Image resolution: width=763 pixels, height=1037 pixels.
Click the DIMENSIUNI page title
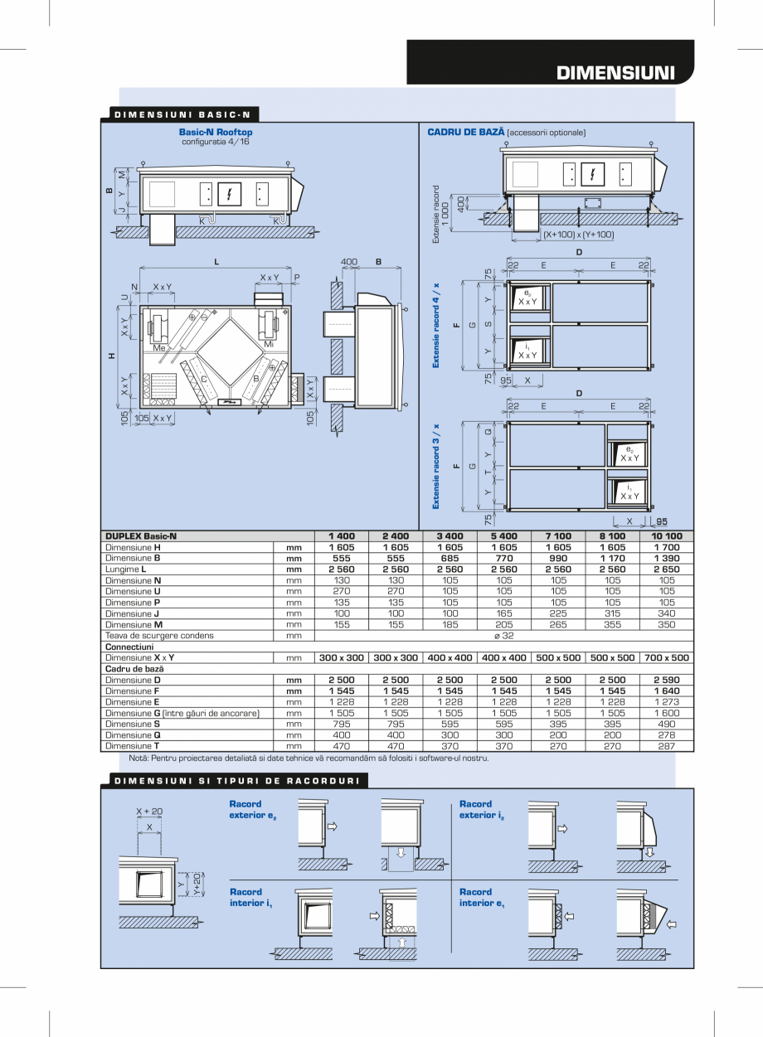click(x=615, y=72)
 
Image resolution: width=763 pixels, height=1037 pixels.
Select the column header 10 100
click(x=667, y=536)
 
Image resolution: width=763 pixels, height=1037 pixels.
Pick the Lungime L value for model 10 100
click(x=667, y=569)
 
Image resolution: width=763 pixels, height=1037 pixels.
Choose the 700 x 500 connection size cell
click(x=667, y=657)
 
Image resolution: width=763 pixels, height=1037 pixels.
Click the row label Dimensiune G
click(x=182, y=713)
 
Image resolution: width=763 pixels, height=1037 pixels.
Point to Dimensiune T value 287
click(x=667, y=746)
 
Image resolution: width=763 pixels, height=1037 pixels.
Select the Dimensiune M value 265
click(x=558, y=625)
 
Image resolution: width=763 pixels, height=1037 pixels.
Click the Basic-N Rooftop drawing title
click(x=216, y=132)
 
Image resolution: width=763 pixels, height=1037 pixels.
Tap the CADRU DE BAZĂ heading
click(x=466, y=132)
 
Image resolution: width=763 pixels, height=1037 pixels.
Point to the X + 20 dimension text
click(x=149, y=812)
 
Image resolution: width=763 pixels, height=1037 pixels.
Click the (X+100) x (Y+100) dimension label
click(x=579, y=235)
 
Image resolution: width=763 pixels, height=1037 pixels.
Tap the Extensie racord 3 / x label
click(x=436, y=466)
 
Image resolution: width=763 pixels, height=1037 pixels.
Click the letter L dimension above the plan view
click(x=216, y=262)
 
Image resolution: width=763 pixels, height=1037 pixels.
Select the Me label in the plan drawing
click(x=159, y=348)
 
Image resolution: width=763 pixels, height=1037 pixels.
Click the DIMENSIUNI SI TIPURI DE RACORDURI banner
click(x=236, y=781)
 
